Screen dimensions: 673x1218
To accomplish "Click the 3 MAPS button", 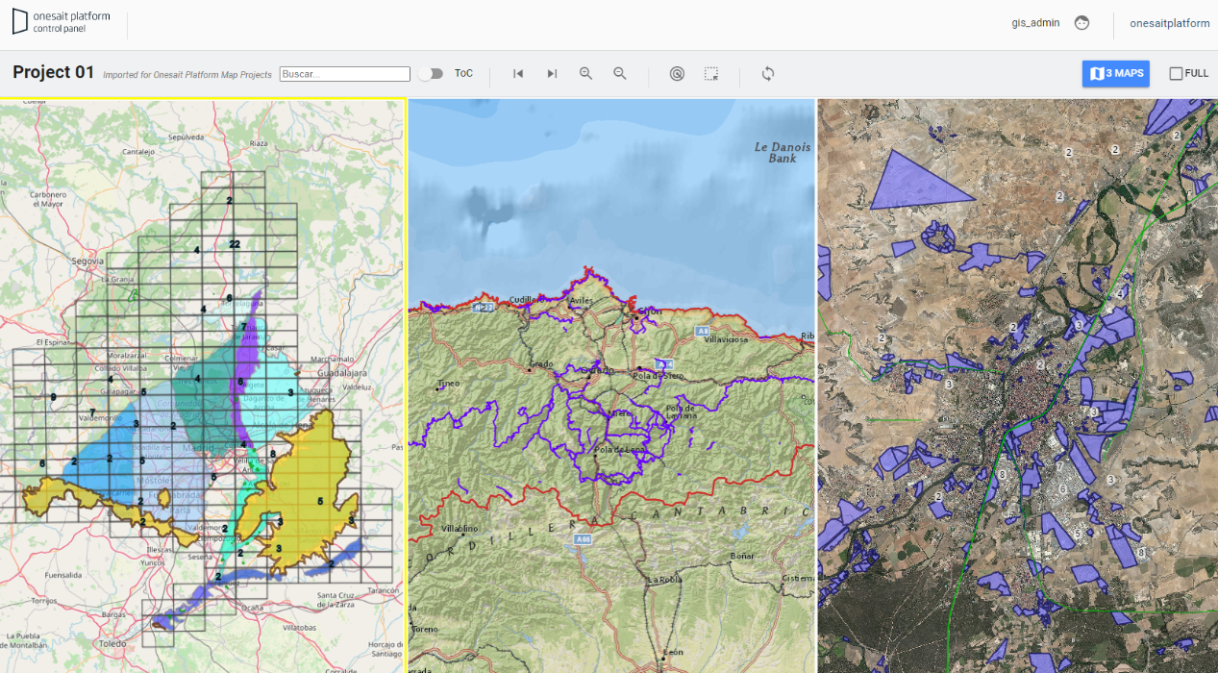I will [1115, 73].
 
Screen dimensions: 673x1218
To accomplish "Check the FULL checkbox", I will [1176, 74].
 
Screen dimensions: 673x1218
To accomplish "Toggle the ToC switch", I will [431, 74].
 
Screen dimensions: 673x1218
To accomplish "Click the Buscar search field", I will [345, 74].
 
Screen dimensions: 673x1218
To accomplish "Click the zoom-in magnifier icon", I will [585, 74].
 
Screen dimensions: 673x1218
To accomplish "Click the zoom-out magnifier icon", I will [620, 74].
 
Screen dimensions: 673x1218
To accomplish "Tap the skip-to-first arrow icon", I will [518, 74].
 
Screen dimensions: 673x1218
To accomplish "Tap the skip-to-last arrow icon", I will [552, 74].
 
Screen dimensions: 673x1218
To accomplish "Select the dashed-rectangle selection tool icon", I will [711, 74].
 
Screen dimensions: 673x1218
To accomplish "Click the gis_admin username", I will [1035, 23].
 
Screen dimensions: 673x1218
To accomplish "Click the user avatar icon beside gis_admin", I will [1081, 23].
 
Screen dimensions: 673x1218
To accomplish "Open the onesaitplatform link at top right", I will [1169, 23].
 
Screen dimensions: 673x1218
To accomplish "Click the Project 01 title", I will [54, 72].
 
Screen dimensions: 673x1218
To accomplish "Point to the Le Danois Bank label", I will [783, 152].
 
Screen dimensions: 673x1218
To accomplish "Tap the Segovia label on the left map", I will [87, 261].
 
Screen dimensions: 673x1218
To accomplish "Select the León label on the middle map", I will [673, 653].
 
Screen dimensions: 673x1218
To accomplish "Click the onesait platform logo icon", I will [20, 22].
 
